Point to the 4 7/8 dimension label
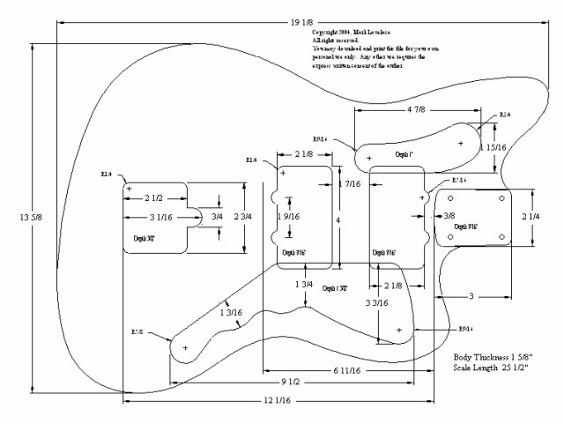click(x=416, y=110)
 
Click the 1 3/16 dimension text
click(x=230, y=312)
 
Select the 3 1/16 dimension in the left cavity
click(x=160, y=217)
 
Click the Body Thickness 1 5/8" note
click(x=490, y=356)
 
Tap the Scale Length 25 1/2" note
click(x=491, y=367)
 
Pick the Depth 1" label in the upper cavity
click(x=404, y=155)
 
